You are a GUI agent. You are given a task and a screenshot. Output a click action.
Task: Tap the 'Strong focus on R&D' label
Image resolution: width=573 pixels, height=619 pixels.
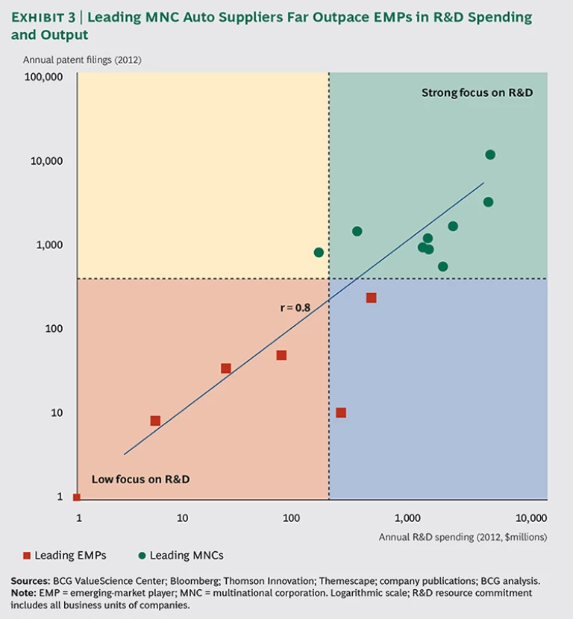477,93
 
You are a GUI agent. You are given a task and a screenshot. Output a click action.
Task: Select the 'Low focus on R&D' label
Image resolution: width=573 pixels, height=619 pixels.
140,479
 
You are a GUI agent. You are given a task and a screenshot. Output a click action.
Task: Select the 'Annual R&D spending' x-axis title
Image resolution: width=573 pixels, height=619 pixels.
463,536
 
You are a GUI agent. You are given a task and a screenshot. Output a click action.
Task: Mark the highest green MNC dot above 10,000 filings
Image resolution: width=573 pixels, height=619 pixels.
490,154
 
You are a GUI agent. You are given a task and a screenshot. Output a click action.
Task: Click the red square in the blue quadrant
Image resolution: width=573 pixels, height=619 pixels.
341,412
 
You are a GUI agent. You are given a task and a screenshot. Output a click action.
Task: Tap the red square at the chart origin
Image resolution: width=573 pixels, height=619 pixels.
76,497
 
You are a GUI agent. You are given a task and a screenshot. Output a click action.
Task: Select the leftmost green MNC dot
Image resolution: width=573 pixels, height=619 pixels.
319,252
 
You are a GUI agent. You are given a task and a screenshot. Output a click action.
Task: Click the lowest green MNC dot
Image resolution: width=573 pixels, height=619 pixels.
442,266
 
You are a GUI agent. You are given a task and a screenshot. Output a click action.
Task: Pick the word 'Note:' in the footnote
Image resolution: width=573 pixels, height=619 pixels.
25,593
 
